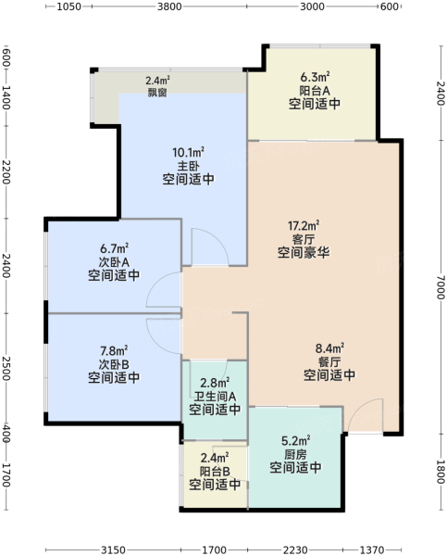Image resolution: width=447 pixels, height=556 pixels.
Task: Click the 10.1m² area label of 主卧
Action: pos(188,153)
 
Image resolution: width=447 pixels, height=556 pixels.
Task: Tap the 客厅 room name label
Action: pos(304,239)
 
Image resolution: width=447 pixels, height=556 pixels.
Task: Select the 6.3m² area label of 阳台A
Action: pos(315,77)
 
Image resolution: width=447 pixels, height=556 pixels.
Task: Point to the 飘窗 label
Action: pos(157,93)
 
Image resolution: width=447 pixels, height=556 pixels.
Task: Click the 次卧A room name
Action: pos(114,262)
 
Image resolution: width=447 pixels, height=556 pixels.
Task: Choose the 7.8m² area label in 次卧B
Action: pos(114,351)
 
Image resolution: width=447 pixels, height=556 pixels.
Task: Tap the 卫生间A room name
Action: pos(215,396)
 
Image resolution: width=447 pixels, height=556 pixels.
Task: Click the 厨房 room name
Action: pos(295,454)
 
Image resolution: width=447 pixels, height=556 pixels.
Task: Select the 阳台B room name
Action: pos(215,472)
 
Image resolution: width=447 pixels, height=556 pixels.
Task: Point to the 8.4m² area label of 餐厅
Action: pos(329,348)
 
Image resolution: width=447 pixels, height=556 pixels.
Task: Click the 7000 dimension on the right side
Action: pos(441,287)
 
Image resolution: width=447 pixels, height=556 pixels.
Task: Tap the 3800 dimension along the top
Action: pos(169,6)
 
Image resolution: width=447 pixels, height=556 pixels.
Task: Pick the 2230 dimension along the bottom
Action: pos(295,550)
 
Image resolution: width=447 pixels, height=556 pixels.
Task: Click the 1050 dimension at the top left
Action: pos(68,6)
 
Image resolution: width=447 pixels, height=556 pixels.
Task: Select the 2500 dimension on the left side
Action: pos(6,369)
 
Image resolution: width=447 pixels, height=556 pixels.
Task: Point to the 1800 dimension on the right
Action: pos(441,473)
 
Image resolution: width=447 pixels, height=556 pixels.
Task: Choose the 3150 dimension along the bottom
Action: pos(113,550)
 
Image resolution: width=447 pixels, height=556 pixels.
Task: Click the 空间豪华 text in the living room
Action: pos(304,252)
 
